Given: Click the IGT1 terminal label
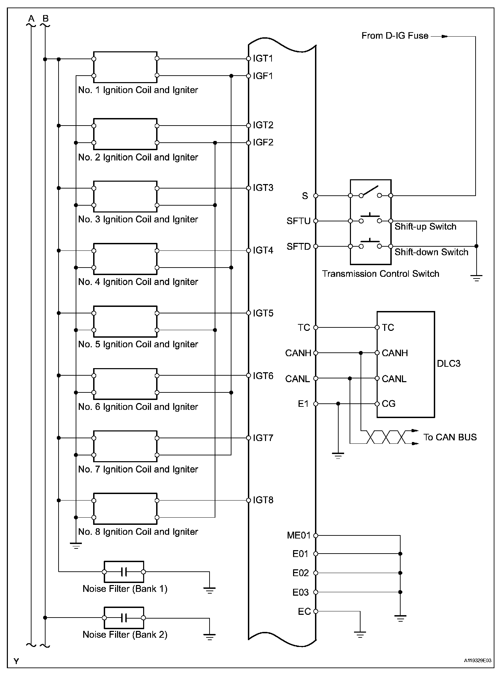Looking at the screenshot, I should (x=263, y=59).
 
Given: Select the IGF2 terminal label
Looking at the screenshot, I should (x=263, y=142).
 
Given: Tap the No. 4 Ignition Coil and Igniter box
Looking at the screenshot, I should (x=125, y=259).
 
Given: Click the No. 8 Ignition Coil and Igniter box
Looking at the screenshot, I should (x=125, y=509).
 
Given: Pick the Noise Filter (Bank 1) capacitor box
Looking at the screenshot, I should (x=124, y=572).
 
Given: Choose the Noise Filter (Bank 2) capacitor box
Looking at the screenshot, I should (x=124, y=618).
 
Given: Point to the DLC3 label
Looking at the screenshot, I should (x=449, y=363).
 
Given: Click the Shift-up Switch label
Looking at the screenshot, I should (x=425, y=227).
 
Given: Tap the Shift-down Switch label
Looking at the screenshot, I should (x=431, y=252).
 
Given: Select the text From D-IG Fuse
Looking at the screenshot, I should (x=395, y=36).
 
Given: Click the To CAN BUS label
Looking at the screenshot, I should (x=450, y=437).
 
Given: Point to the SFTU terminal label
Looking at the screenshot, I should (x=298, y=221).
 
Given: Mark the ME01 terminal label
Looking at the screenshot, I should (x=298, y=535).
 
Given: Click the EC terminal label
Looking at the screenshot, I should (x=304, y=611).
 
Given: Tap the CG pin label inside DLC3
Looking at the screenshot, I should (x=389, y=404).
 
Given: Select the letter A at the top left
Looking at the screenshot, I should (x=31, y=18).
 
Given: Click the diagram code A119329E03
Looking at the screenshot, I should (x=478, y=660).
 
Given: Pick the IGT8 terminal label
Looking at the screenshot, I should (x=263, y=500).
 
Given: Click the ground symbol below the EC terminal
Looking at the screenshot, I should (x=360, y=635).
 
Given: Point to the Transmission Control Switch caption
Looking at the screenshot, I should (x=380, y=274).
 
